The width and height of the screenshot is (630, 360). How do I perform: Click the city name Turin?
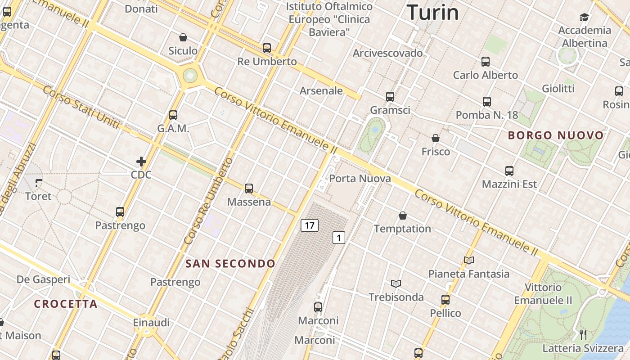[x=432, y=12]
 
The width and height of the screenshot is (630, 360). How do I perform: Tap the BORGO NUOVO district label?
[x=556, y=135]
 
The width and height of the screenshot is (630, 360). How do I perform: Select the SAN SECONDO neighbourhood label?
[x=230, y=264]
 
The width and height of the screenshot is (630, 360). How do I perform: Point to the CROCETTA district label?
[x=66, y=304]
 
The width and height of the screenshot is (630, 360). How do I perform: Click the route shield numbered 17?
[x=310, y=225]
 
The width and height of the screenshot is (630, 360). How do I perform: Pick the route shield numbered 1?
[x=339, y=238]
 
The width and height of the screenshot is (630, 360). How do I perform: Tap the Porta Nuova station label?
[x=360, y=179]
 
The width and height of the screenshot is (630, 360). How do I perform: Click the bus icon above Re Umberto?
[x=267, y=48]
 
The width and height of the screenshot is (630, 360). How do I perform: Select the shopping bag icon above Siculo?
[x=183, y=37]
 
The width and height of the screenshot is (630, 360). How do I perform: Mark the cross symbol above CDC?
[x=141, y=162]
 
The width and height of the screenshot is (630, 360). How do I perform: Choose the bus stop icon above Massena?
[x=249, y=189]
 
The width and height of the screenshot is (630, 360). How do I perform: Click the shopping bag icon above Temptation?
[x=403, y=216]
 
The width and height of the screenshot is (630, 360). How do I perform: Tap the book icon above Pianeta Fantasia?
[x=469, y=260]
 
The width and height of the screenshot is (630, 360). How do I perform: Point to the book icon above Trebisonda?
[x=396, y=283]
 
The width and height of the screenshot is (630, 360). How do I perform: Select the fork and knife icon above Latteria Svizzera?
[x=583, y=334]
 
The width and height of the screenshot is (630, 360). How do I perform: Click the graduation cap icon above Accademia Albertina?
[x=584, y=17]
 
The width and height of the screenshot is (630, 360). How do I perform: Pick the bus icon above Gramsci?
[x=390, y=97]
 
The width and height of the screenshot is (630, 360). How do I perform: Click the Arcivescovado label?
[x=388, y=53]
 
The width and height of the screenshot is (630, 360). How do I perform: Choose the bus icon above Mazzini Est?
[x=509, y=171]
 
